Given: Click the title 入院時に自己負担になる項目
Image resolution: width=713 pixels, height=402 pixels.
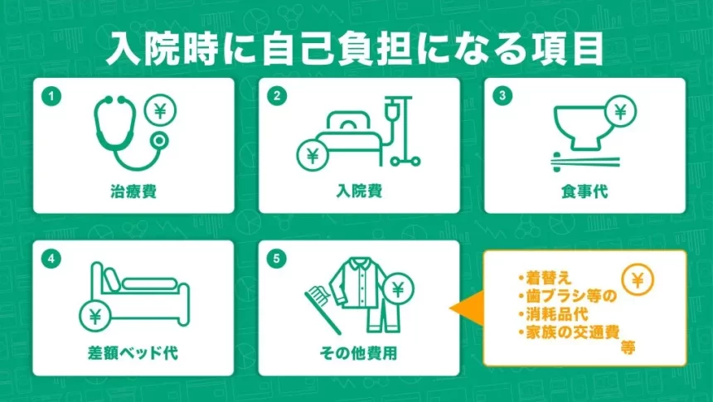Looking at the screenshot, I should tap(355, 49).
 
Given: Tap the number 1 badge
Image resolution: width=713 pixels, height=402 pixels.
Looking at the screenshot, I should tap(52, 96).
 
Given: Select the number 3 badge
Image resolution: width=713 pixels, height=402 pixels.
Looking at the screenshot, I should tap(502, 96).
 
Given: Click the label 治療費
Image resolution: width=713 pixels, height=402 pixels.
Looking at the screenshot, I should tap(133, 191).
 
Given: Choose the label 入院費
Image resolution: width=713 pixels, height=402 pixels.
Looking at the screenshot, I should tap(358, 191).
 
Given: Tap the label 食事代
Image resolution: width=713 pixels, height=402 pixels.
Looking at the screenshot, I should tap(584, 191).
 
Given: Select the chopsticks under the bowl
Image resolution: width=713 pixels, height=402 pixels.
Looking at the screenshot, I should tap(584, 159).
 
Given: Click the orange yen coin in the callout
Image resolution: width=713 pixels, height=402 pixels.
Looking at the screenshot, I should tap(637, 279).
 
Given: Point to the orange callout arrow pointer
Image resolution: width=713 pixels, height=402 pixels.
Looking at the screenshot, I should tap(464, 308).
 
